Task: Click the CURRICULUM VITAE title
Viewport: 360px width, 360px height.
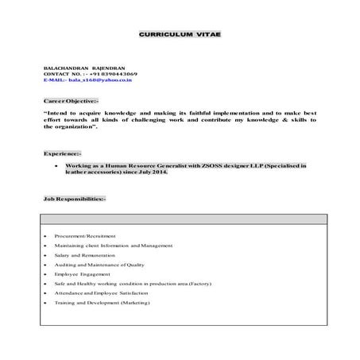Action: (x=180, y=37)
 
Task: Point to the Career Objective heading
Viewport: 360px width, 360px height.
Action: (x=71, y=102)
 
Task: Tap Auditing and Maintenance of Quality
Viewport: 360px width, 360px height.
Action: (x=100, y=265)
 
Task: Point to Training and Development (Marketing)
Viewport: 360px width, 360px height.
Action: (x=101, y=303)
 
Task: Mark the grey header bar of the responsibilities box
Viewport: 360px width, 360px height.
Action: (x=180, y=219)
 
